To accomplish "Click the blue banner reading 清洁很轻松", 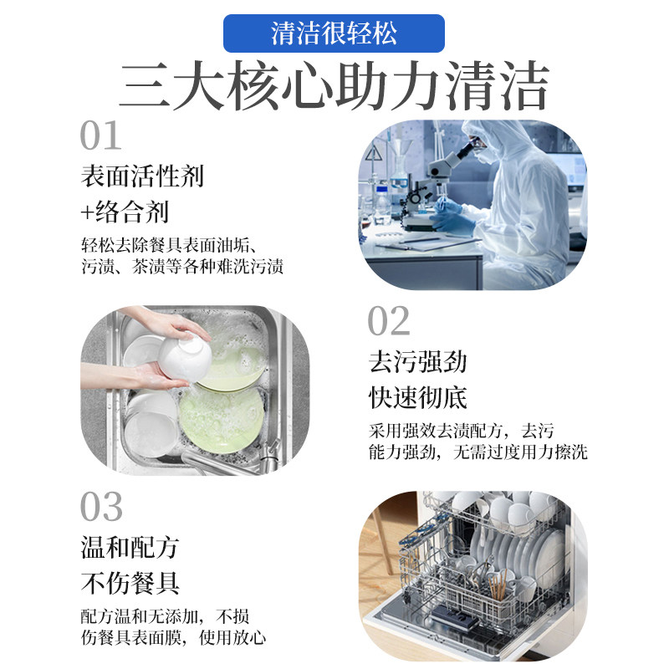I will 334,33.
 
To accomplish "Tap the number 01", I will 101,136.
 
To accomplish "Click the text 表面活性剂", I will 142,176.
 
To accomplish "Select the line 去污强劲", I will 418,362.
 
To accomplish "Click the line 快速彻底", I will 418,397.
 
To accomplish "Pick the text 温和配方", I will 130,548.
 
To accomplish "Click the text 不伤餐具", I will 130,583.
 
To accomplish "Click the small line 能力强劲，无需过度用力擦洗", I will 477,453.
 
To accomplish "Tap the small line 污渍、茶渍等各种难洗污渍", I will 182,268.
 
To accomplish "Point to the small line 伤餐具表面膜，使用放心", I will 173,639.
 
